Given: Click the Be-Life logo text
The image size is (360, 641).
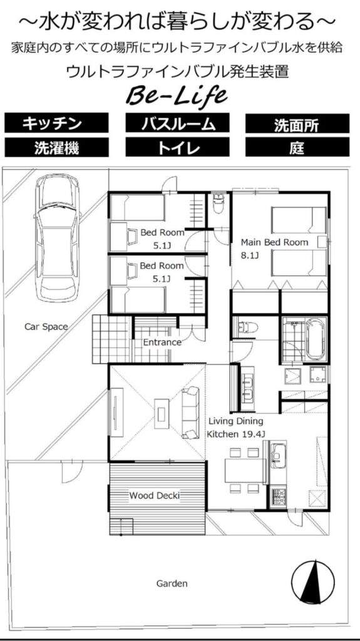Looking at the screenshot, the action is (x=177, y=96).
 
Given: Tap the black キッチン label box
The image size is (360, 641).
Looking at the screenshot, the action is (x=56, y=123).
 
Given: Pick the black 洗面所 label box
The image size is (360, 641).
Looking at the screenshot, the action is (x=297, y=123).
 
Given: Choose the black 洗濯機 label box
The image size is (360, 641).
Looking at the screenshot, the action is (x=56, y=147).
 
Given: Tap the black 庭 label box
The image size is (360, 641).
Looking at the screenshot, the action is (x=297, y=147).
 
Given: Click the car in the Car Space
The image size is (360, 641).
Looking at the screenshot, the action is (x=56, y=237).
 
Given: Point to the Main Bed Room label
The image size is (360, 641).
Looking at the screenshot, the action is (x=274, y=242).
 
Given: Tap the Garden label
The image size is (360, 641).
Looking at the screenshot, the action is (x=172, y=583).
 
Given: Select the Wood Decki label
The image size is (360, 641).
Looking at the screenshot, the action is (x=155, y=496).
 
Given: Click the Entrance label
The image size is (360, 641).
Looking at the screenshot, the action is (x=162, y=342).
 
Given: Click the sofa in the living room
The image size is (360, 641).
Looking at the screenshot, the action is (x=190, y=413).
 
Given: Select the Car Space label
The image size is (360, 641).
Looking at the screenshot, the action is (x=46, y=327).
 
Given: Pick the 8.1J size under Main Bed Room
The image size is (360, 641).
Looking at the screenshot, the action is (x=250, y=256).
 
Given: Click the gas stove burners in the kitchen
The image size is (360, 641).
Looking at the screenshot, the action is (x=278, y=496).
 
